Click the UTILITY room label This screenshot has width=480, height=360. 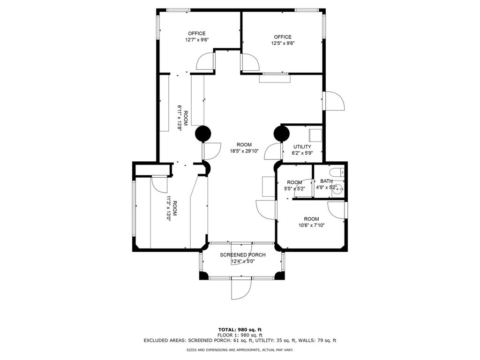[x=302, y=147]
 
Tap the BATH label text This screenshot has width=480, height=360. [x=326, y=181]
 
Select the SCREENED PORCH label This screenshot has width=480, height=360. [x=243, y=255]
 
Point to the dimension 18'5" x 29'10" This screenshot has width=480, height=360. [x=244, y=150]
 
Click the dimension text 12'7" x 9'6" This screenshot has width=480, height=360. [x=197, y=39]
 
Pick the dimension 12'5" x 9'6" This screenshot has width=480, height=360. [x=283, y=43]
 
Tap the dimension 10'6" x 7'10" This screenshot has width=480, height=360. [x=312, y=225]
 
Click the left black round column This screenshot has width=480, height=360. [x=203, y=134]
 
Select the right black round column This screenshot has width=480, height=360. [x=281, y=134]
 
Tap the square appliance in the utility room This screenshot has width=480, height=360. [x=315, y=135]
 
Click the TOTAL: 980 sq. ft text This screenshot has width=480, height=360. [x=240, y=330]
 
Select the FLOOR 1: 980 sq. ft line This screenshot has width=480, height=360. [x=240, y=335]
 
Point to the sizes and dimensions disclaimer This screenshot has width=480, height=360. [x=240, y=350]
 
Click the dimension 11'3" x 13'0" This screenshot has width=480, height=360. [x=172, y=209]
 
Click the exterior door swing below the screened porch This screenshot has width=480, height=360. [x=241, y=289]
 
